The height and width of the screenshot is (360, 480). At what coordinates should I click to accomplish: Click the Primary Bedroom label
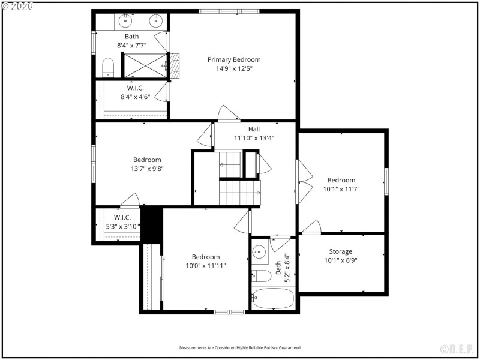pos(234,59)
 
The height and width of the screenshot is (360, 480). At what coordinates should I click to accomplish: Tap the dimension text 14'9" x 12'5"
pos(234,68)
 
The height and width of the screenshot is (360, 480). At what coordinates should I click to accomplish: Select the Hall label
pos(254,129)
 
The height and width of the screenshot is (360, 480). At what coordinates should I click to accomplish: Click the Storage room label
pos(340,251)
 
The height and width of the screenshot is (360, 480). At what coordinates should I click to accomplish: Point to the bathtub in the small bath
pos(273,299)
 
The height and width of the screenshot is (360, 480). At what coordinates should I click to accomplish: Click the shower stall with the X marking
pos(145,65)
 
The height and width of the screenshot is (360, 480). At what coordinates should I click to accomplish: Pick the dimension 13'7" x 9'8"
pos(147,169)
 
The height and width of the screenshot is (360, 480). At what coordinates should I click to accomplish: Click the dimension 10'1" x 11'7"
pos(341,189)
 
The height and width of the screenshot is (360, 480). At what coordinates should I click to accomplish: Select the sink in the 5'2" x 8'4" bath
pos(259,252)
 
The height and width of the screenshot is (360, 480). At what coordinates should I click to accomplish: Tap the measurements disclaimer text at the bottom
pos(240,348)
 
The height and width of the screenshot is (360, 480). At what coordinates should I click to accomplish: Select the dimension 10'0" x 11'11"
pos(205,265)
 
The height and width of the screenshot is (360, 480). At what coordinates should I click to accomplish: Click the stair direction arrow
pos(258,193)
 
